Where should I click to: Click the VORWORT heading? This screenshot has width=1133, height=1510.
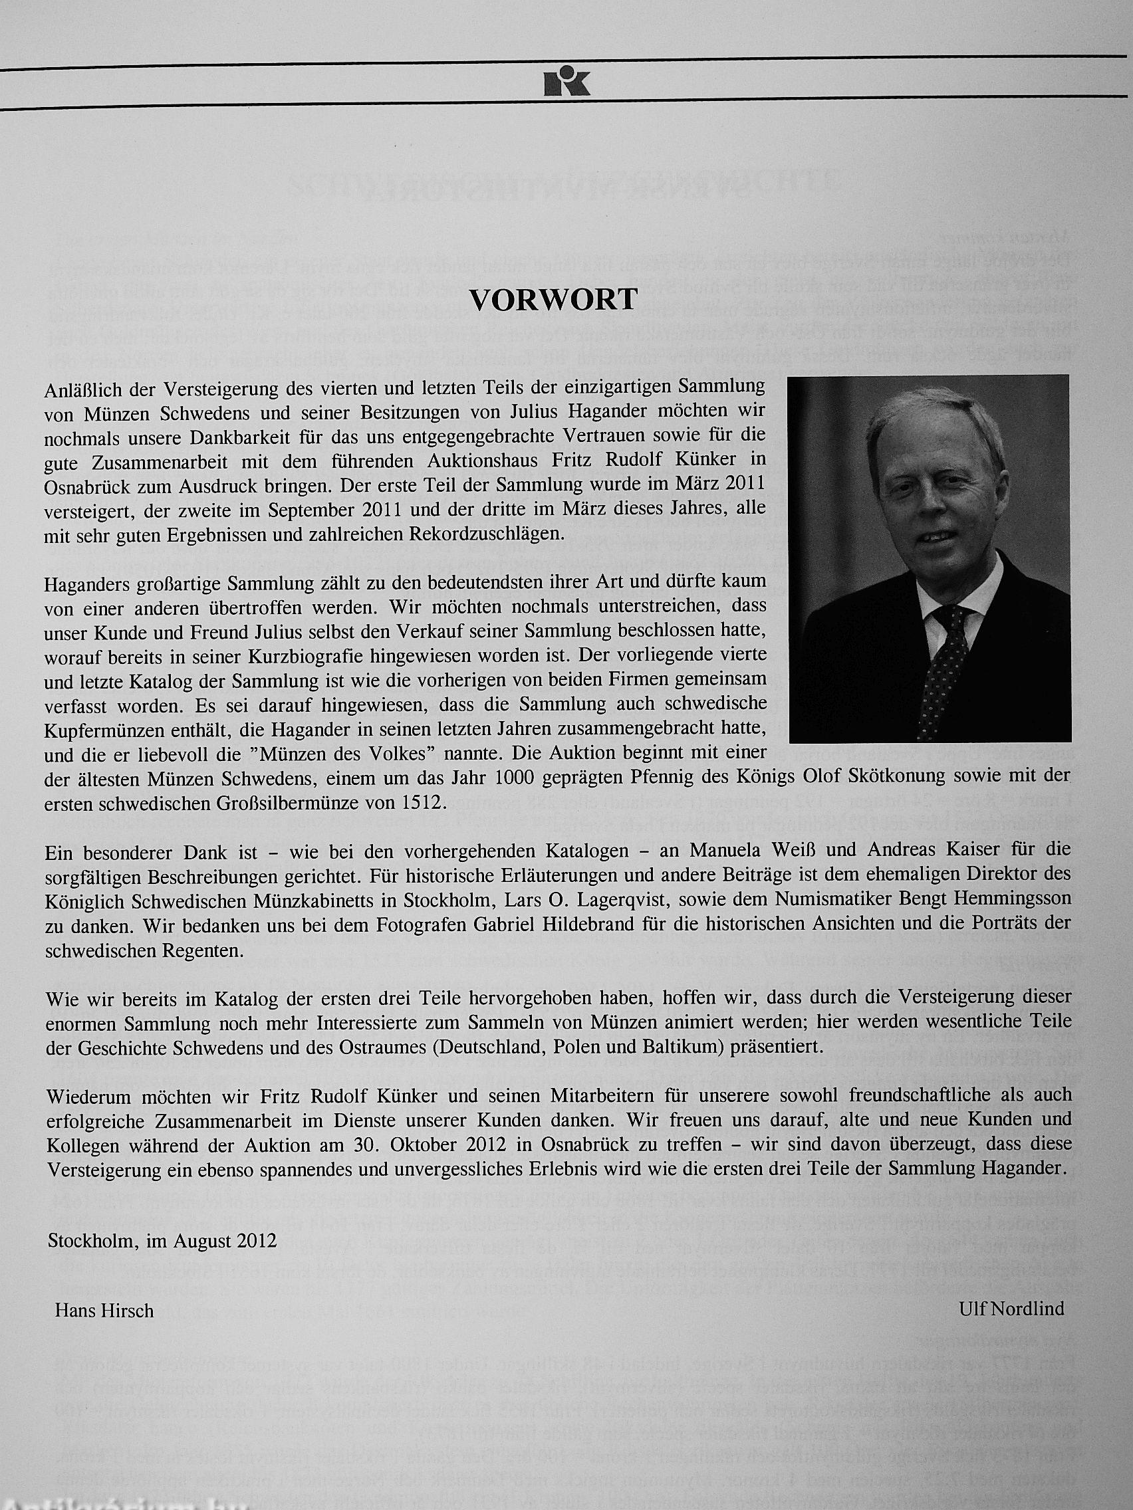[553, 300]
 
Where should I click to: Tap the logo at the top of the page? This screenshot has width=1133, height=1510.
[566, 82]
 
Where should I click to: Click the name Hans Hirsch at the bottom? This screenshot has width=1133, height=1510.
[104, 1311]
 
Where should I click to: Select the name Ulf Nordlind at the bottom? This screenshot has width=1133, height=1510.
[1011, 1308]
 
